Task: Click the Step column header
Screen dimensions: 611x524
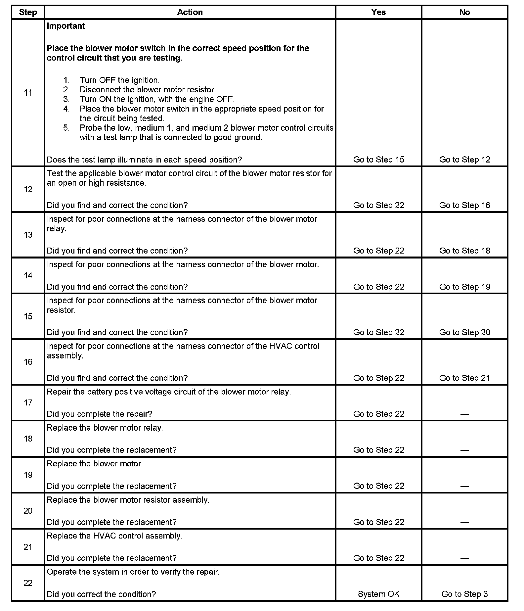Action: click(28, 12)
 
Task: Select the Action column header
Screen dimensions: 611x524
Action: click(190, 12)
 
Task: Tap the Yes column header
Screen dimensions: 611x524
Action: click(378, 12)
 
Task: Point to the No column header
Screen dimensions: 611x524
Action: click(464, 12)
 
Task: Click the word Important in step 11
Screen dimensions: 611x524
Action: click(66, 26)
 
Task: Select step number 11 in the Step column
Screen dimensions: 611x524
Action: click(28, 93)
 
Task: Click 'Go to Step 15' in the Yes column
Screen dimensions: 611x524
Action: click(378, 160)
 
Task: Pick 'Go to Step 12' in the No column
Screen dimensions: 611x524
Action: click(464, 160)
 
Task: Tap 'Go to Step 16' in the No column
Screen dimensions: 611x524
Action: click(464, 205)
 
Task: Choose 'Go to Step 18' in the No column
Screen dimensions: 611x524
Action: click(464, 251)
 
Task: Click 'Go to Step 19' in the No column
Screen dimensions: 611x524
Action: click(464, 287)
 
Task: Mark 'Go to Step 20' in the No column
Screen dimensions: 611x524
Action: click(464, 332)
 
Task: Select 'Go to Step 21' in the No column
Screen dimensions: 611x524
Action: click(464, 378)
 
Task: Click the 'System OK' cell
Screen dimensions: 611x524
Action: click(378, 594)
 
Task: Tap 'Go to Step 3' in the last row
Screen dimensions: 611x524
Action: click(464, 594)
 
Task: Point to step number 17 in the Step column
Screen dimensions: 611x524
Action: click(28, 403)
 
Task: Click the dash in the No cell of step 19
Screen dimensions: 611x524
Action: click(464, 486)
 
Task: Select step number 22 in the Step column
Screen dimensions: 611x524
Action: click(28, 583)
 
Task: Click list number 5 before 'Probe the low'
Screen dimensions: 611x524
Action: click(66, 128)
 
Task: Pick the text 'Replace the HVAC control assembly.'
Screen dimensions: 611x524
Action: click(114, 536)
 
